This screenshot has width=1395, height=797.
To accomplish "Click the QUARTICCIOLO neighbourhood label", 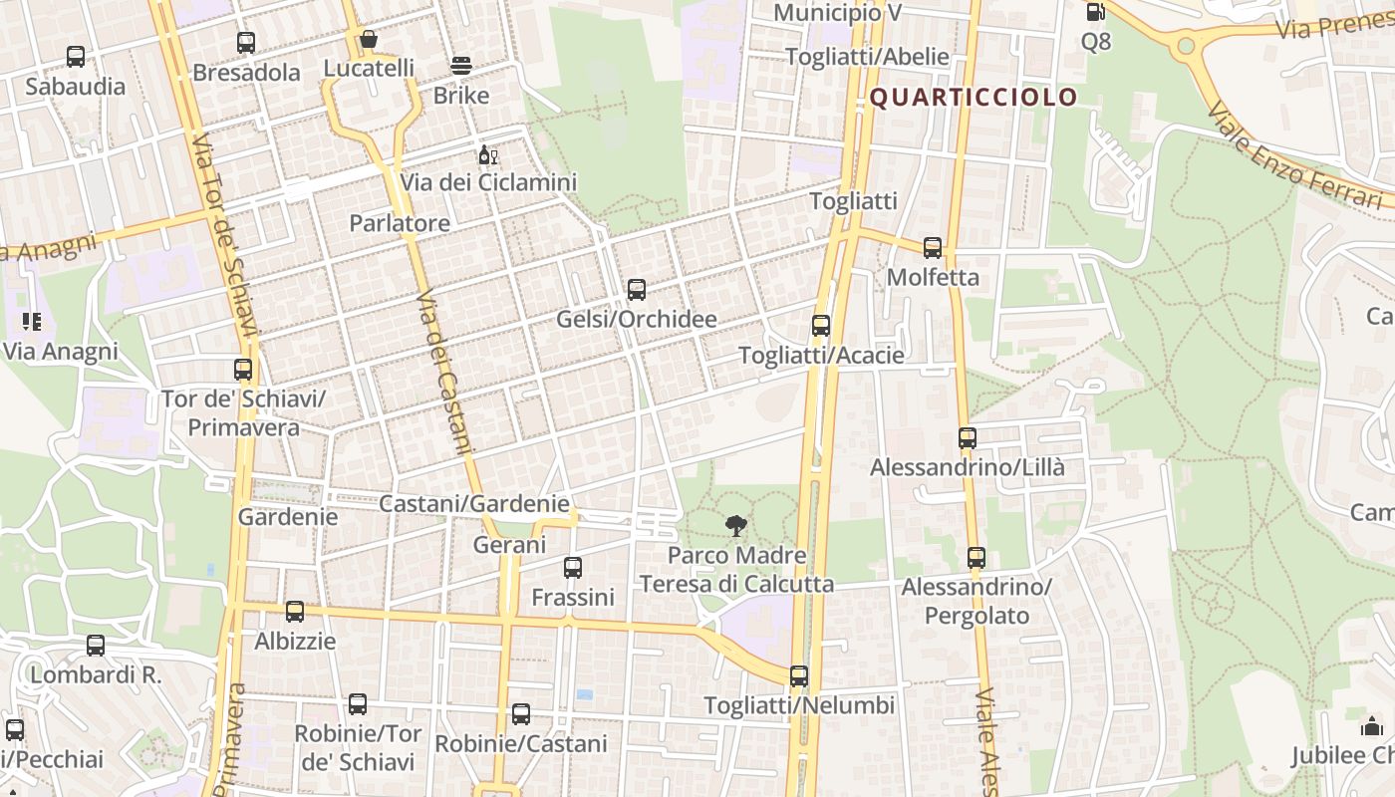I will pos(974,97).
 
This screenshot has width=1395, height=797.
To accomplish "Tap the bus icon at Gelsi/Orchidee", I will pos(637,290).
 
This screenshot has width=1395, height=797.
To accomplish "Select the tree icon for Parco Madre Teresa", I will pos(736,526).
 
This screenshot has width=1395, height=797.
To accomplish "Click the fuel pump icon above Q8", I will pos(1095,12).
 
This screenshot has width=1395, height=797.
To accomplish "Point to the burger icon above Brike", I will pos(461,66).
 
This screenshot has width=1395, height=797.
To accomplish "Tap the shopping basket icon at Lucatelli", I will pos(369,39).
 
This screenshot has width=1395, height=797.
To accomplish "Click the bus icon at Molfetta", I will pos(933,248).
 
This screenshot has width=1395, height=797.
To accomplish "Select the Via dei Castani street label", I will pos(441,373).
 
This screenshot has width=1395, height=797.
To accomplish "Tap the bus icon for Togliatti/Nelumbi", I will pos(799,676).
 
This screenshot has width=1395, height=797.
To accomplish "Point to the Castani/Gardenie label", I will pos(473,504).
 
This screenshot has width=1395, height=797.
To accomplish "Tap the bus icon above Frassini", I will pos(573,568).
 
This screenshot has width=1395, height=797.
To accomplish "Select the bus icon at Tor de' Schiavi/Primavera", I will pos(243,370).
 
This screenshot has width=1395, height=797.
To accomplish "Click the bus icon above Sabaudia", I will pos(76,57).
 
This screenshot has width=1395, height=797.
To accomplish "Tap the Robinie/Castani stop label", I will pos(520,744).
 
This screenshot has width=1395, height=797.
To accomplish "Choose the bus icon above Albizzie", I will pos(295,612).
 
